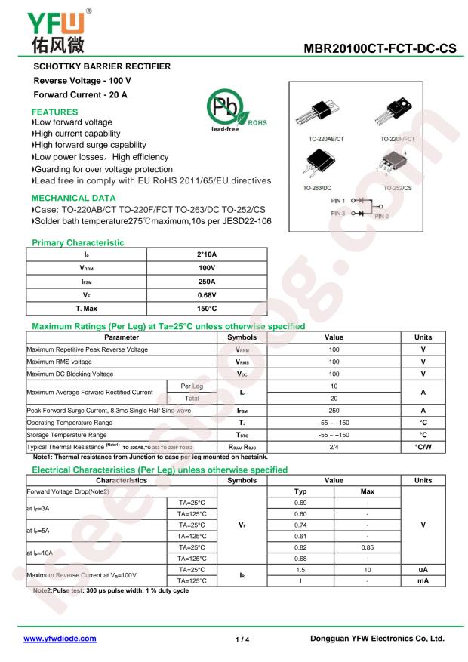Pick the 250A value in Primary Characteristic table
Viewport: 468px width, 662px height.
point(206,282)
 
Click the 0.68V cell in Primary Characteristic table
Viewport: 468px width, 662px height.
point(206,296)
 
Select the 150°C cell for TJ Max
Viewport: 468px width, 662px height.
point(206,309)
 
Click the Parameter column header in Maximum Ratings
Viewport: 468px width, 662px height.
point(121,337)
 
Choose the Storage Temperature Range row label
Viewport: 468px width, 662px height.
point(68,435)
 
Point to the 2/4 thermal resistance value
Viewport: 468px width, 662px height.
point(334,447)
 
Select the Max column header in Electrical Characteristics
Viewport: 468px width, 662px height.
point(368,491)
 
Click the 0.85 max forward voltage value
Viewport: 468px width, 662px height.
point(368,544)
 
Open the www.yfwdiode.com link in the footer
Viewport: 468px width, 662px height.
point(60,638)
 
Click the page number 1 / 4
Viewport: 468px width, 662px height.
point(242,639)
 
